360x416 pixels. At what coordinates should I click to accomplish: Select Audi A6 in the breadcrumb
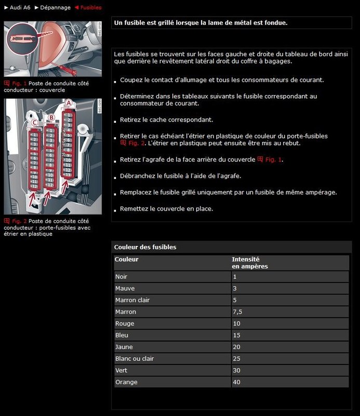coord(19,8)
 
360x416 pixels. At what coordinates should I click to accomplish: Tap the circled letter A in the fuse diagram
coord(68,103)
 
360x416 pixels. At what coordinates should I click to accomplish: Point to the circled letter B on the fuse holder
coord(51,118)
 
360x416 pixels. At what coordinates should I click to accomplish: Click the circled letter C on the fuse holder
coord(34,123)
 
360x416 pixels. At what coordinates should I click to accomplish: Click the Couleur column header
coord(126,259)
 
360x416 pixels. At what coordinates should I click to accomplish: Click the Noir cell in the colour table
coord(121,277)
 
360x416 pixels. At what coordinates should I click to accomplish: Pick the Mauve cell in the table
coord(125,288)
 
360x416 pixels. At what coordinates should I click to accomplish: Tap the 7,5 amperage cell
coord(238,312)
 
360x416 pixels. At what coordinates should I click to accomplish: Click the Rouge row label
coord(125,323)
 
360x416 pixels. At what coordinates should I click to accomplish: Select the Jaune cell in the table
coord(124,347)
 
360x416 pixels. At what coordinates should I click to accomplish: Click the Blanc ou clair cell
coord(135,359)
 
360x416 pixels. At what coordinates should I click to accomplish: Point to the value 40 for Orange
coord(237,382)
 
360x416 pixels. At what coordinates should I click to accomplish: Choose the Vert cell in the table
coord(121,370)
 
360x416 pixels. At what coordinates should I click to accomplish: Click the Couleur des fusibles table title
coord(145,247)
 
